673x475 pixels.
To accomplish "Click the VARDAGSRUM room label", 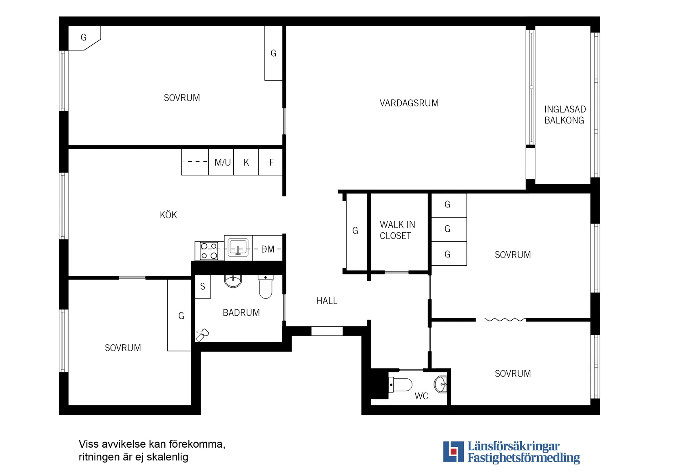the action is pos(409,103).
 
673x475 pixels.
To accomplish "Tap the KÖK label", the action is pos(168,215).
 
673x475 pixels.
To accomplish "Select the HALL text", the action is pos(327,301).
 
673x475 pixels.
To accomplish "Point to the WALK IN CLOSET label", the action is pos(397,230).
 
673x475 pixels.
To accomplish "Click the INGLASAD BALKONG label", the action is pos(565,114).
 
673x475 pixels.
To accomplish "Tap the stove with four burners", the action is pos(209,251).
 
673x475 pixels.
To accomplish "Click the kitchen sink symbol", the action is pos(238,247).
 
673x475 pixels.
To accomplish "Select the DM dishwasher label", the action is pos(268,249).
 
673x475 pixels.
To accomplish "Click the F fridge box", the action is pos(270,162).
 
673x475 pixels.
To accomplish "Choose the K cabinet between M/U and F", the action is pos(246,162).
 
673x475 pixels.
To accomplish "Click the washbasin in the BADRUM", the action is pos(233,281).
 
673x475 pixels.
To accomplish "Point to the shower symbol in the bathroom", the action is pos(202,335).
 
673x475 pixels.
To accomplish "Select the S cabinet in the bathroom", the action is pos(203,286).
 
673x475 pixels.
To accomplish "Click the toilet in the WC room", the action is pos(400,385).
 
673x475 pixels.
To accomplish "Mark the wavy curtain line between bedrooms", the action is pos(505,320).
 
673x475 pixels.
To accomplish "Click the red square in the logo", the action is pos(454,451).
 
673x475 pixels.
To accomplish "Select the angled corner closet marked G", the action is pos(84,38).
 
